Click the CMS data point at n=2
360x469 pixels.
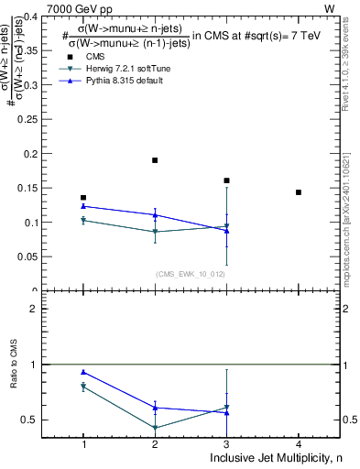tap(155, 160)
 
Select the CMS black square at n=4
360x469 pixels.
tap(299, 192)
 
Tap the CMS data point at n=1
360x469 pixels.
tap(83, 198)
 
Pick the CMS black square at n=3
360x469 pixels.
tap(226, 180)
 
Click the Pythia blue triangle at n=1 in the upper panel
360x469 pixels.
tap(83, 206)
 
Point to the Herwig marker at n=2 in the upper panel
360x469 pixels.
tap(155, 232)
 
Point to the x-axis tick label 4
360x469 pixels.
tap(299, 443)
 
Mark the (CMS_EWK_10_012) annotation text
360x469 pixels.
tap(191, 274)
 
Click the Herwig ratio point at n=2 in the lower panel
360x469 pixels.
tap(155, 428)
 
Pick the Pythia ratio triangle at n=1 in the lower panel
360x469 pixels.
tap(83, 372)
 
